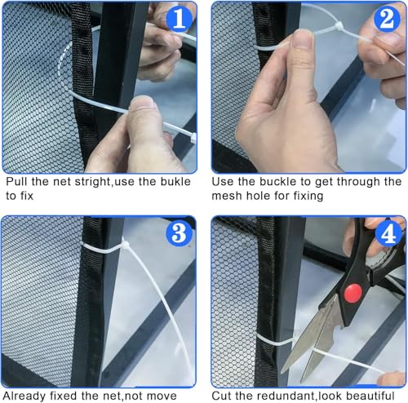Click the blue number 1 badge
tap(180, 19)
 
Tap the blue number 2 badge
tap(387, 19)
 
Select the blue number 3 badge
tap(180, 233)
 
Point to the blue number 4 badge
tap(388, 233)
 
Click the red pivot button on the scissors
tap(353, 293)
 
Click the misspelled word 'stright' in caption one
tap(92, 182)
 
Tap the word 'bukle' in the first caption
tap(175, 181)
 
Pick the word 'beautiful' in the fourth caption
tap(370, 396)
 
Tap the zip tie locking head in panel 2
tap(339, 27)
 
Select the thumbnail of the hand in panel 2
tap(303, 38)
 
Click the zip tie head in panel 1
tap(193, 138)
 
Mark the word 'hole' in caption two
tap(259, 196)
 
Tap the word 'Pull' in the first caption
tap(16, 181)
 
